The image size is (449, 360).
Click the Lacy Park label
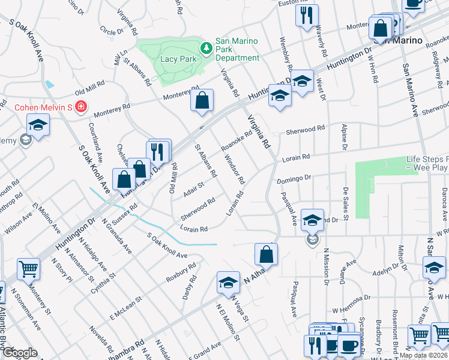tap(179, 59)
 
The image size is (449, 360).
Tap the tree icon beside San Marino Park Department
tap(206, 47)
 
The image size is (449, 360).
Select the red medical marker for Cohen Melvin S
tap(80, 107)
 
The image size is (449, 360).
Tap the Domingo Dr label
tap(294, 179)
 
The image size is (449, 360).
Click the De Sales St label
tap(346, 200)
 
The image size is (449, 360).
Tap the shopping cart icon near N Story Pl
tap(28, 270)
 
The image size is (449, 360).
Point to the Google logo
tap(20, 353)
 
